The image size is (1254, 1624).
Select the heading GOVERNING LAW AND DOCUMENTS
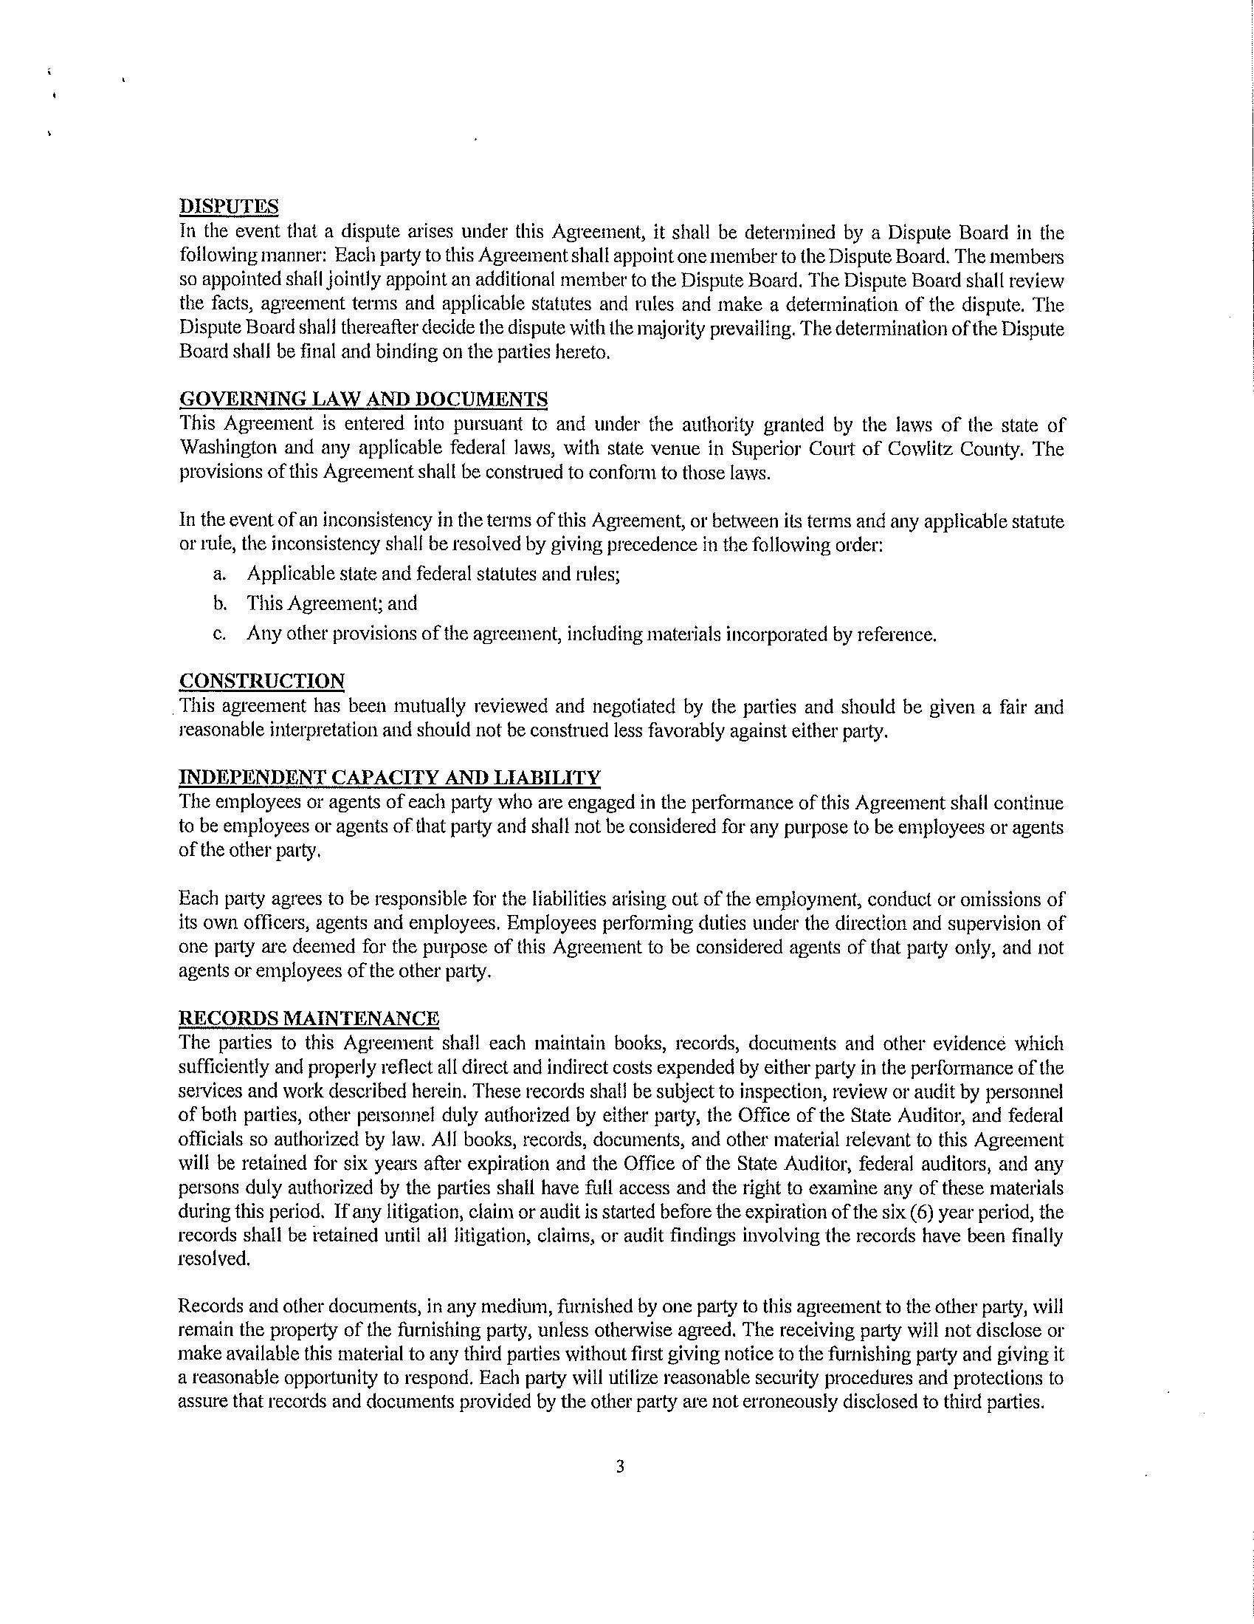point(363,400)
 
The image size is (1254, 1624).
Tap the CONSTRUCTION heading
point(262,681)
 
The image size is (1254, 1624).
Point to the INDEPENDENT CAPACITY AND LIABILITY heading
point(389,778)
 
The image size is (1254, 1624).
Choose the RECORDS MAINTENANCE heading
point(309,1018)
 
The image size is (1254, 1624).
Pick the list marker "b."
point(219,604)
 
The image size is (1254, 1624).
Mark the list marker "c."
point(219,634)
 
